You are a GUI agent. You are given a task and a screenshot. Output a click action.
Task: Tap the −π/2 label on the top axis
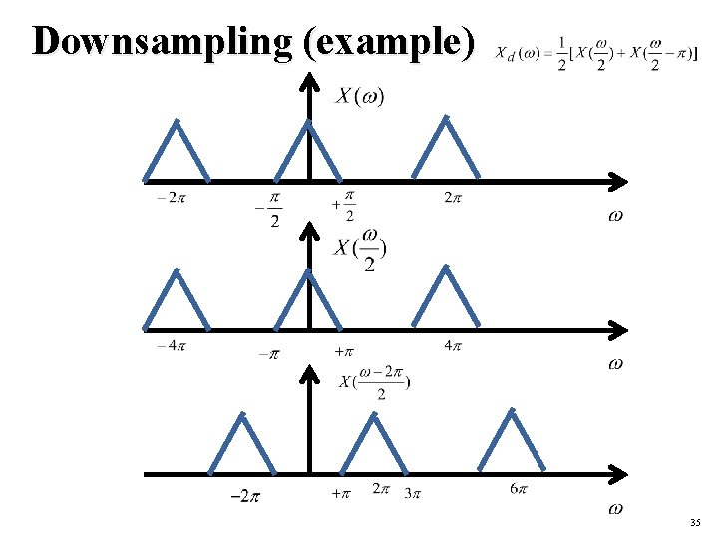(x=269, y=210)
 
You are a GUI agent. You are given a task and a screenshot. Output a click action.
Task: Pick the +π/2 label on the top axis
(x=345, y=209)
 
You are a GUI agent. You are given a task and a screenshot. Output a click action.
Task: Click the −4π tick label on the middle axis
(x=171, y=346)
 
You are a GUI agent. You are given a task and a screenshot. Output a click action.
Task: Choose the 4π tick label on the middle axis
(x=452, y=346)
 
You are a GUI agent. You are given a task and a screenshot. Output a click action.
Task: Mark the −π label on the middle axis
(x=268, y=353)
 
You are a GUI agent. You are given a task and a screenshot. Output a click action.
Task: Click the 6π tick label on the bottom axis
(x=519, y=488)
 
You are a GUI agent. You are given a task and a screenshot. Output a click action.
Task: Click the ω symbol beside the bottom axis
(x=615, y=509)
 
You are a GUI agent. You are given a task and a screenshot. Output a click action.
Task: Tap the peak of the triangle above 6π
(x=513, y=409)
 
